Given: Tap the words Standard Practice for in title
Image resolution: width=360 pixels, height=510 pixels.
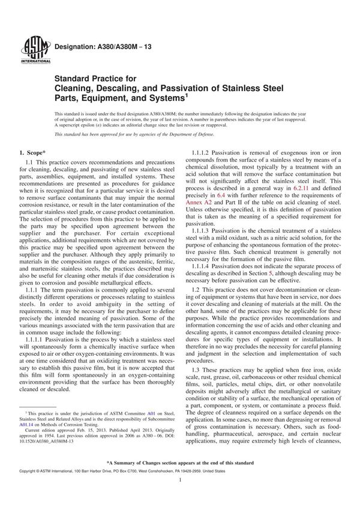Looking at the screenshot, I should [95, 78].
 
